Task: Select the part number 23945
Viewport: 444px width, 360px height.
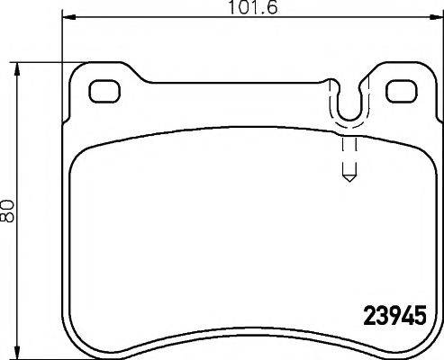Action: coord(392,318)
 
